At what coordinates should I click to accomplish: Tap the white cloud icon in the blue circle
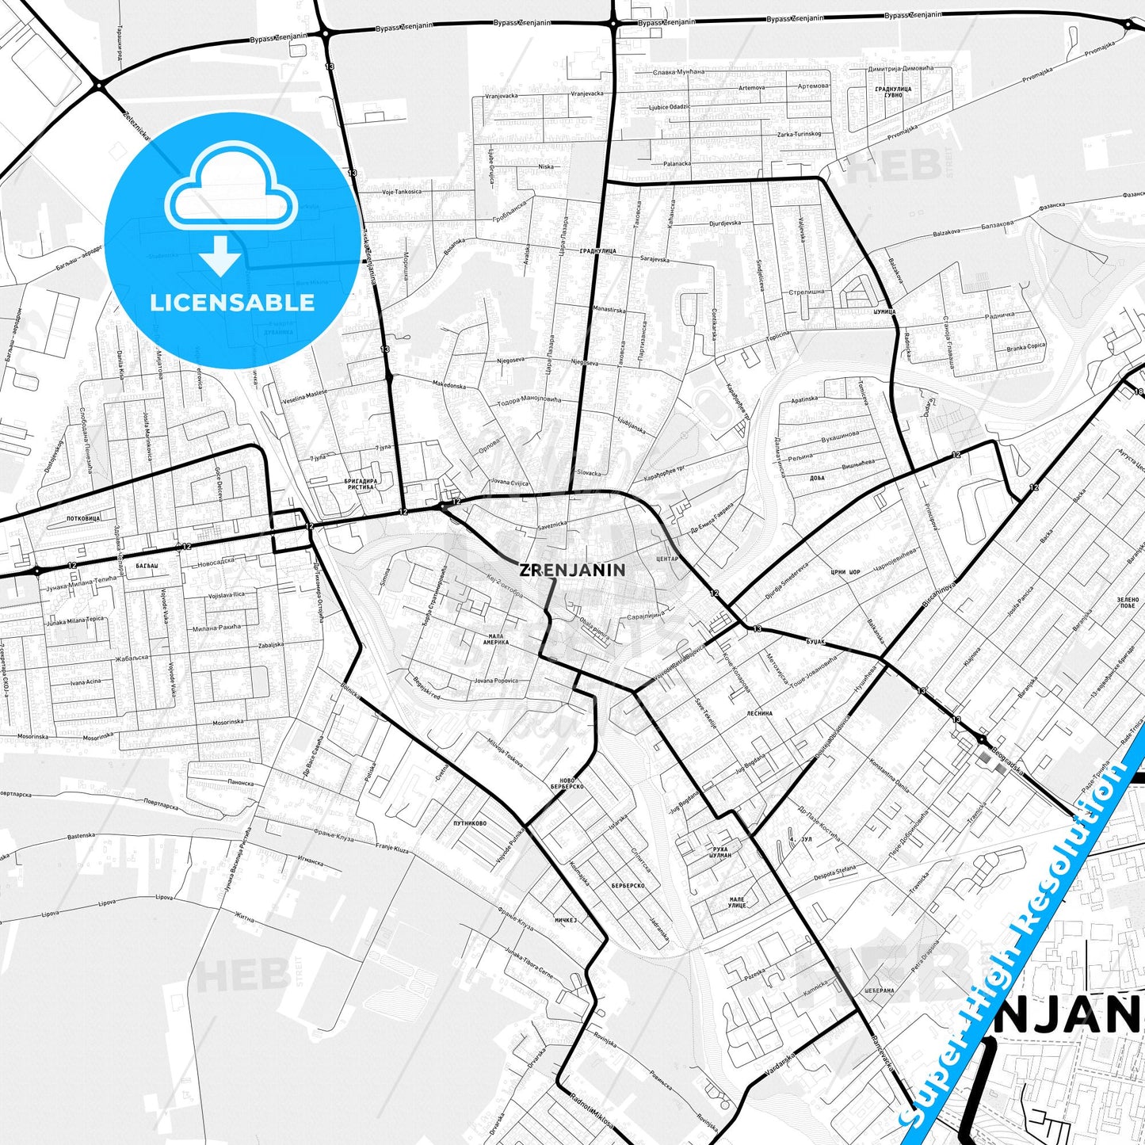(x=231, y=189)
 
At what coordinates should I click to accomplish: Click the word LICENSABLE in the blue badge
(x=232, y=303)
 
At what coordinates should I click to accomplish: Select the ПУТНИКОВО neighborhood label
(x=470, y=823)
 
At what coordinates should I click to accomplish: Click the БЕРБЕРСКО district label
(x=628, y=885)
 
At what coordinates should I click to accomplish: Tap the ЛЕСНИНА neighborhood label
(x=759, y=713)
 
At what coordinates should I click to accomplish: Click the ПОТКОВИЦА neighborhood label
(x=83, y=517)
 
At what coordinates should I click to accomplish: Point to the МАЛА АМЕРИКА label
(x=497, y=640)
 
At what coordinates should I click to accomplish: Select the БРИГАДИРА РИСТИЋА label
(x=361, y=483)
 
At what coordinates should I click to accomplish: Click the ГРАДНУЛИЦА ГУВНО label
(x=893, y=92)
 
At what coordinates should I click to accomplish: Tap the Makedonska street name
(x=449, y=385)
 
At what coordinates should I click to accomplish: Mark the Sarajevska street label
(x=655, y=259)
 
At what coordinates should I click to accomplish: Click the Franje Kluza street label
(x=391, y=849)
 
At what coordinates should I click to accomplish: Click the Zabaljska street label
(x=270, y=645)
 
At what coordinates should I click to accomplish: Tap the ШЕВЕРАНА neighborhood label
(x=880, y=990)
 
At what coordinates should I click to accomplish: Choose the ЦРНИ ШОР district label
(x=845, y=572)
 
